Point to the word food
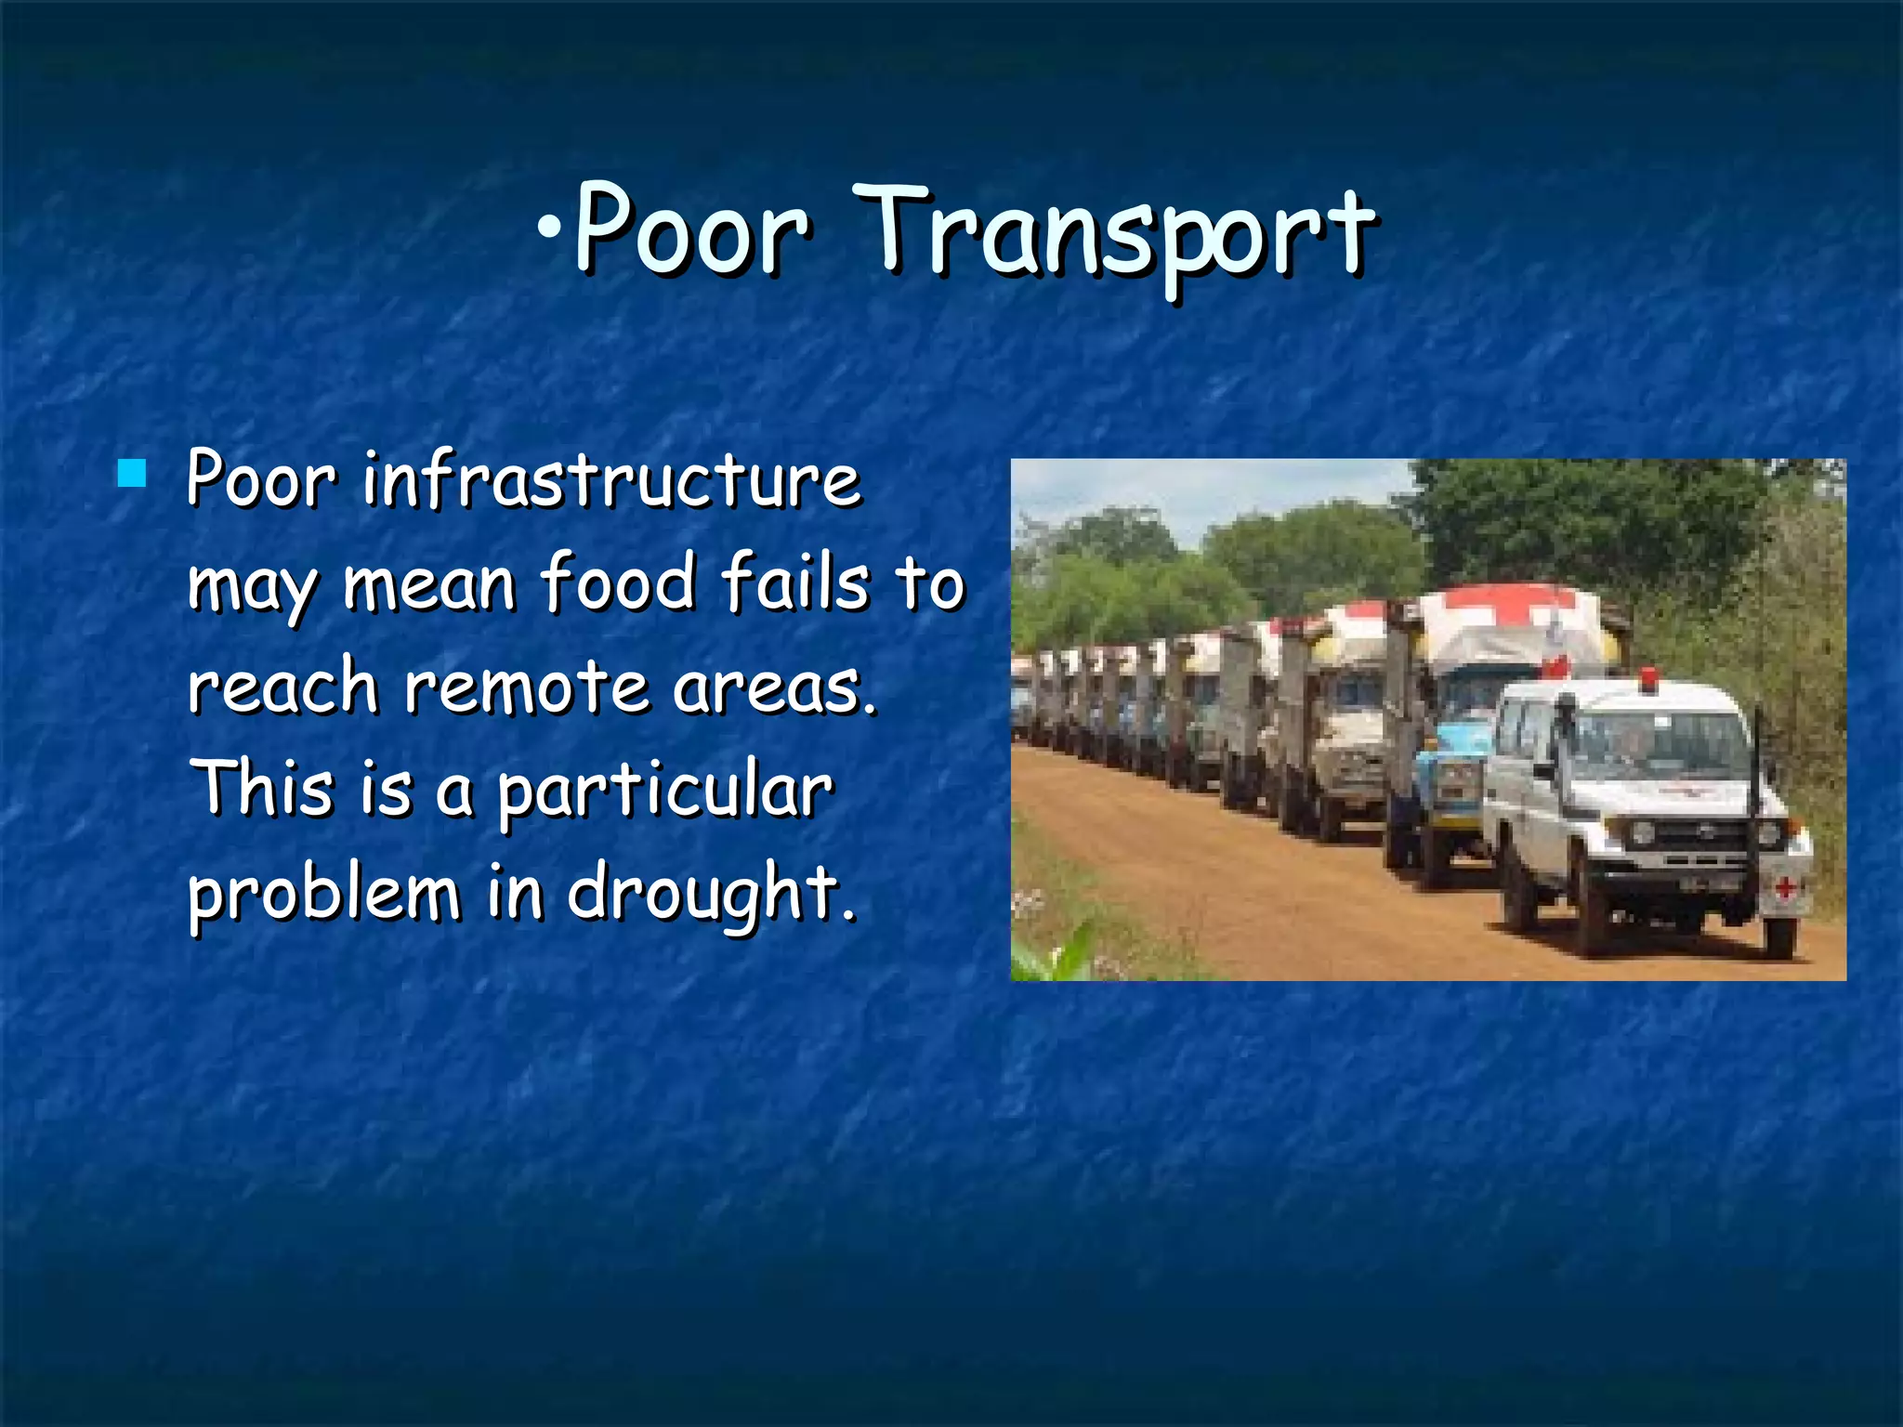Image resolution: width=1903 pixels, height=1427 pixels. [618, 583]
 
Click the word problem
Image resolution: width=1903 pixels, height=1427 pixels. [324, 894]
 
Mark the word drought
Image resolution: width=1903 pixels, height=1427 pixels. [711, 894]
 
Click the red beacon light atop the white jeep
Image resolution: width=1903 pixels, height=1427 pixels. [1648, 679]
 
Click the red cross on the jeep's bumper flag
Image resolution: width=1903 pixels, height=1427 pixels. [1784, 888]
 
